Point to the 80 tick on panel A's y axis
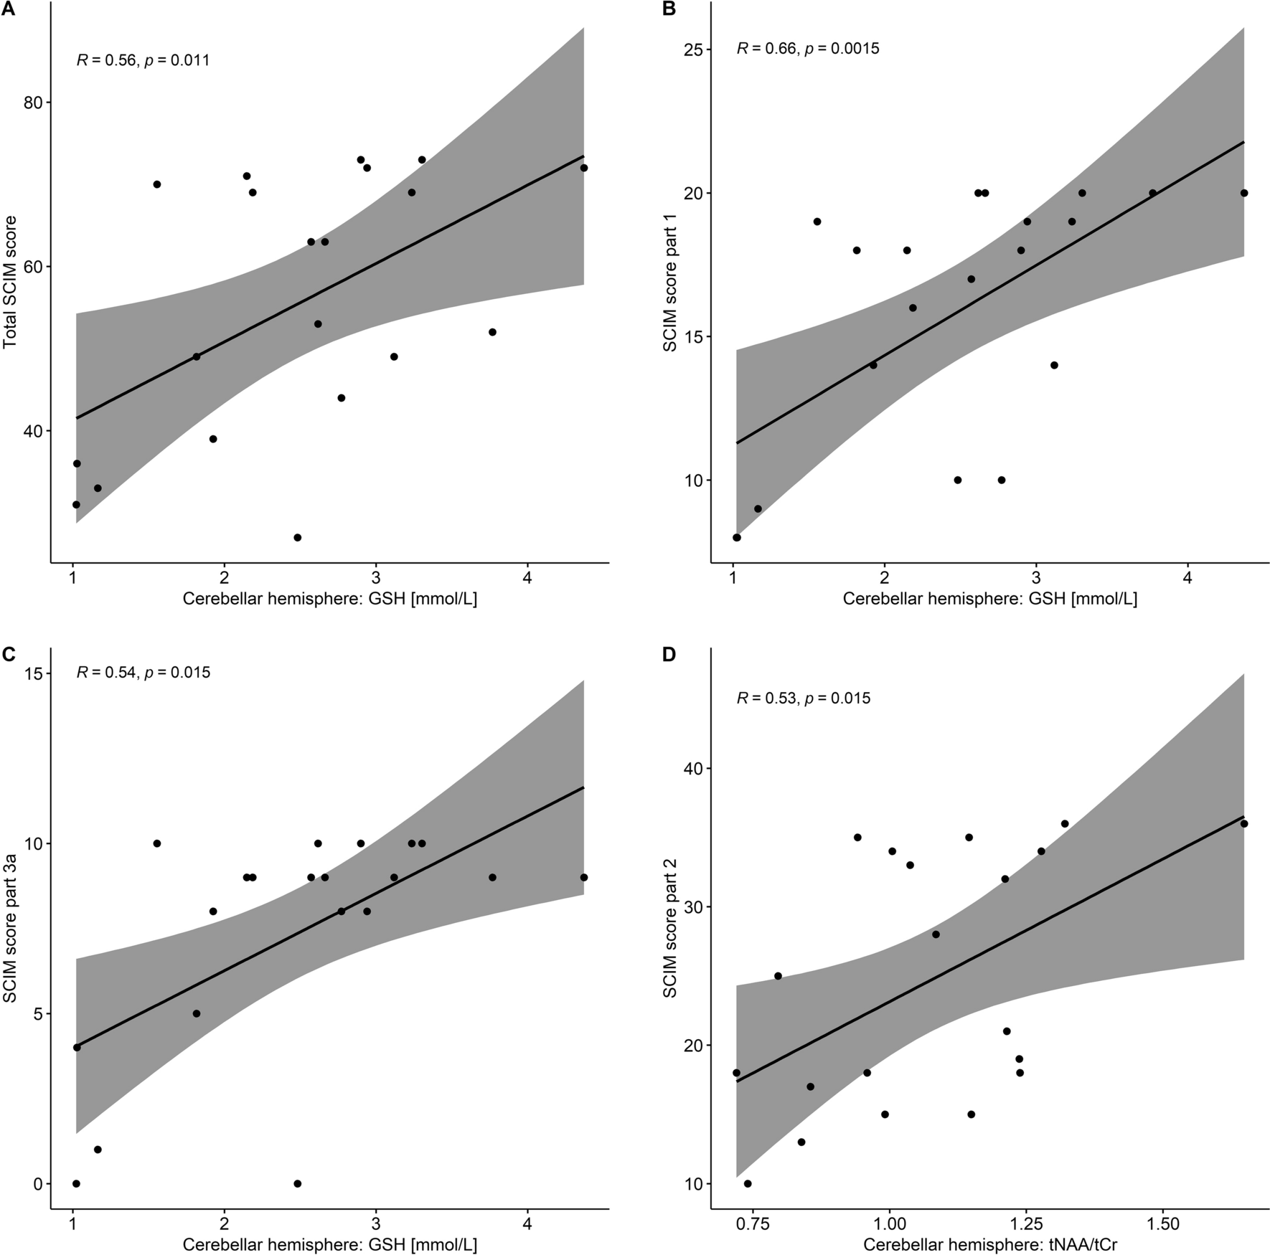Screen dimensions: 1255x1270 click(32, 103)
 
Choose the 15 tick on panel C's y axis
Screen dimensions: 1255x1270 click(32, 673)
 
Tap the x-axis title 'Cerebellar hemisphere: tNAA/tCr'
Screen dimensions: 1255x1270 click(990, 1245)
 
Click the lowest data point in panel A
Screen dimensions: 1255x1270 click(297, 537)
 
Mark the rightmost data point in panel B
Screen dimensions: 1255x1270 click(1243, 193)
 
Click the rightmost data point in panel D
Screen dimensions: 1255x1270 click(1243, 823)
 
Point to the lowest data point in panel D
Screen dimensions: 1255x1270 click(748, 1183)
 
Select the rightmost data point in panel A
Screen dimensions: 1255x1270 click(583, 168)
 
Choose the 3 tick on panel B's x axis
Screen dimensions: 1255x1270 click(1036, 579)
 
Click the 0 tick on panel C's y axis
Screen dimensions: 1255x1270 click(37, 1183)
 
